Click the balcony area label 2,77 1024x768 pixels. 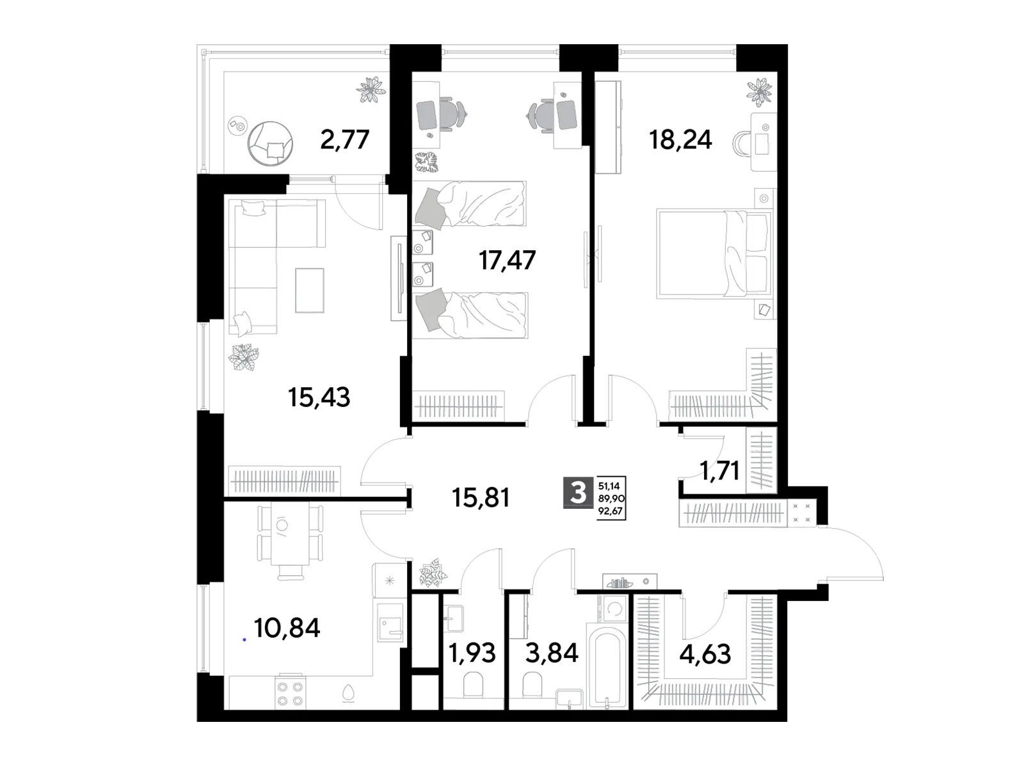click(344, 140)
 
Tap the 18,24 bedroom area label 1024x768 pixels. click(680, 140)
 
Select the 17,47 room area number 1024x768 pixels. click(507, 260)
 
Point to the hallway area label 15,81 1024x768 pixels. click(481, 497)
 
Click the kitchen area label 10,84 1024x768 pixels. click(287, 628)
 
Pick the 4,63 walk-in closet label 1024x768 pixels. click(705, 653)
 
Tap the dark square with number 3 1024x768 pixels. click(578, 492)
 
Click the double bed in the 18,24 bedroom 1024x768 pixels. click(714, 253)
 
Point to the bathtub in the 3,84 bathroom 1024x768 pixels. click(606, 669)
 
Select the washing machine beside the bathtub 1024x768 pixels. click(614, 609)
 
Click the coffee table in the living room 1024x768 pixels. click(309, 290)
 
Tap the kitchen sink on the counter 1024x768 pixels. click(390, 623)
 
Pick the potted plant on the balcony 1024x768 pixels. click(371, 89)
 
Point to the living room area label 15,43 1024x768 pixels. click(319, 397)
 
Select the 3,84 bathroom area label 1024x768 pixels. click(552, 653)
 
